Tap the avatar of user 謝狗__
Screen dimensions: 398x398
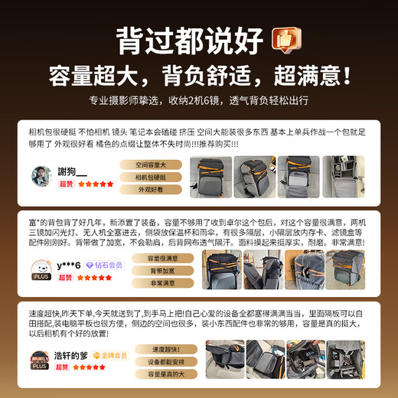(41, 176)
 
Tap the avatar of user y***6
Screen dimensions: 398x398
(41, 268)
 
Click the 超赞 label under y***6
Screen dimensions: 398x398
(64, 278)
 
